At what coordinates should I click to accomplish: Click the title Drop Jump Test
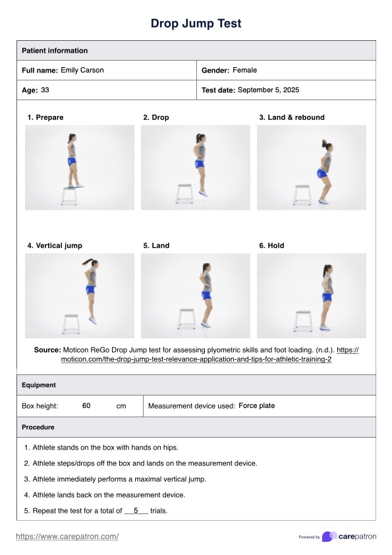(196, 23)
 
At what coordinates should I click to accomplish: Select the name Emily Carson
(82, 70)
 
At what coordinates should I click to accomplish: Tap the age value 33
(45, 90)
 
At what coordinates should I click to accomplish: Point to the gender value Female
(244, 70)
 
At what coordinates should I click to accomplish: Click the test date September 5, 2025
(268, 90)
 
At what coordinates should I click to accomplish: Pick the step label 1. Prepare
(45, 117)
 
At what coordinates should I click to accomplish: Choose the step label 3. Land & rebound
(291, 117)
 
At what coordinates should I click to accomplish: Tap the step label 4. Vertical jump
(55, 246)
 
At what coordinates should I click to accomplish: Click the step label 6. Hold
(271, 246)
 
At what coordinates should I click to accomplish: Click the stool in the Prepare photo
(69, 196)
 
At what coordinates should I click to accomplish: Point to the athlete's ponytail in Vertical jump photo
(88, 262)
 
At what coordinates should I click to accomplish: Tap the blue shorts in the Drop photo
(200, 164)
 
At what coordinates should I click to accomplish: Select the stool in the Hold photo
(303, 321)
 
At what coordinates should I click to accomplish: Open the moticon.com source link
(210, 355)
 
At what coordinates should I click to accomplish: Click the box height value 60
(86, 405)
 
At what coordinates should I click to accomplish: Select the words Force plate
(256, 405)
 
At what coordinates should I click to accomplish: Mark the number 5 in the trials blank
(136, 510)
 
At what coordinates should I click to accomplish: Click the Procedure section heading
(38, 427)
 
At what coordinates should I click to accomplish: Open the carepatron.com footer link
(67, 537)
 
